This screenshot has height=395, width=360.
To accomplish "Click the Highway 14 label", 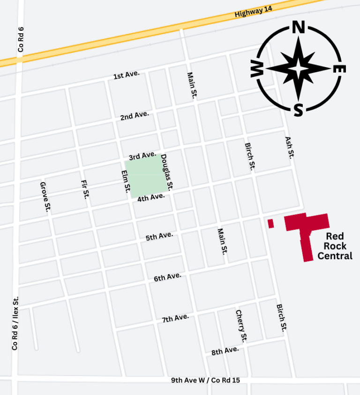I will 253,12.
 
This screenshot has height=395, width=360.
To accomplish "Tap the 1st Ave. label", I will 127,75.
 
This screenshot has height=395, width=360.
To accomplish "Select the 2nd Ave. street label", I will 135,115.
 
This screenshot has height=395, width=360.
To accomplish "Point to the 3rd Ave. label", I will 142,155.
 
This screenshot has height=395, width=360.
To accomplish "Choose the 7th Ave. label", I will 175,319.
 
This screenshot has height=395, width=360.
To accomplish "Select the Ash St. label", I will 289,148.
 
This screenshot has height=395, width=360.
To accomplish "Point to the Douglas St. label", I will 167,172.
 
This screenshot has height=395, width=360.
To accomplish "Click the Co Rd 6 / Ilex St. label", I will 15,323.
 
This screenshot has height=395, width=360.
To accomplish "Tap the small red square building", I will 270,224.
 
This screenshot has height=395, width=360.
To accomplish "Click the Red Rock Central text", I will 336,246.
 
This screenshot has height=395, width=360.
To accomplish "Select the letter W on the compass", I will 257,70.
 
